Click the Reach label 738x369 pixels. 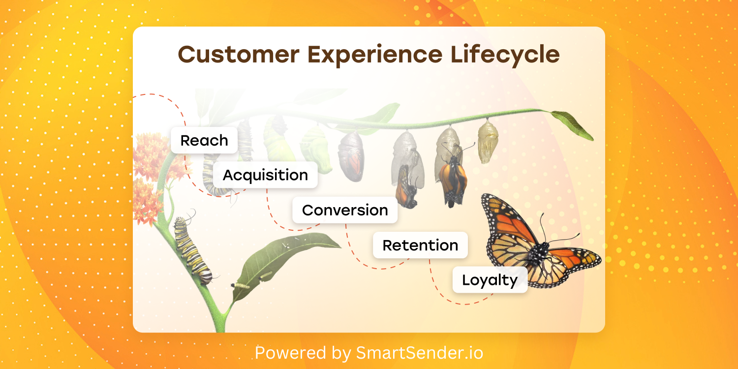(x=204, y=140)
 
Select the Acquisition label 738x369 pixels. (x=265, y=175)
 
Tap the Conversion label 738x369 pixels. (x=345, y=210)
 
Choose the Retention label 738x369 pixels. (x=420, y=245)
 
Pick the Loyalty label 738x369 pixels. (x=490, y=280)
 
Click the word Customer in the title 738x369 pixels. (x=239, y=54)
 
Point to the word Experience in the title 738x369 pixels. (x=375, y=55)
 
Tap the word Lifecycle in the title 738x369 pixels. (x=505, y=55)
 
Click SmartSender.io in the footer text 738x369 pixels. (x=420, y=353)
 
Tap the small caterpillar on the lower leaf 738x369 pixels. (x=241, y=286)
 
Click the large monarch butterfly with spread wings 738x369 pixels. (x=540, y=242)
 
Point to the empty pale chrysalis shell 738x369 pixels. (x=488, y=142)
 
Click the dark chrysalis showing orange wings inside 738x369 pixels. (x=352, y=156)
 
